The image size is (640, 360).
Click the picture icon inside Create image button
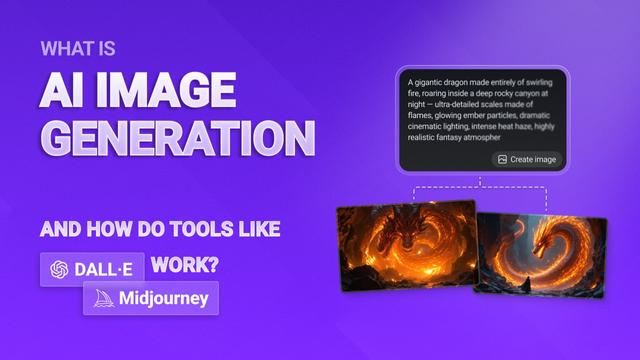(501, 159)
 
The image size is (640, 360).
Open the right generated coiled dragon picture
(540, 256)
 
